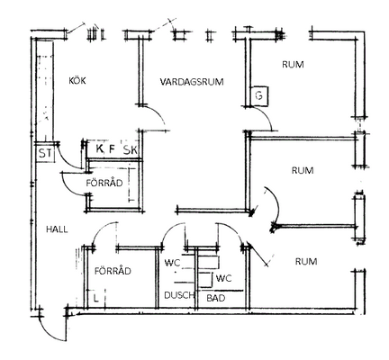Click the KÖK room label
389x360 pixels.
tap(77, 81)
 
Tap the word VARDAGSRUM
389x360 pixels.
tap(192, 82)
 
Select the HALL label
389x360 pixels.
tap(57, 229)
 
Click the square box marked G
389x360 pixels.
tap(259, 95)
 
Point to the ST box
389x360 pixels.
tap(45, 154)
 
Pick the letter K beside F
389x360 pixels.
tap(99, 148)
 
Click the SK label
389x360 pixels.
tap(131, 149)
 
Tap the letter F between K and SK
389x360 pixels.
tap(112, 148)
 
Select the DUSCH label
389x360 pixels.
tap(179, 295)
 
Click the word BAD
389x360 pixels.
tap(216, 298)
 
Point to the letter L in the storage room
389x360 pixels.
tap(95, 298)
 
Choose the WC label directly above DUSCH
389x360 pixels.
tap(172, 263)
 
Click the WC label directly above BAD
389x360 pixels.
tap(223, 278)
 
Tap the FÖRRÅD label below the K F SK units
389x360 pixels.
tap(104, 183)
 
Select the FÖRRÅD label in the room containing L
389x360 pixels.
tap(113, 271)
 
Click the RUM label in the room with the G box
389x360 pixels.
tap(293, 65)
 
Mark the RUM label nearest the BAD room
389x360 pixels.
tap(306, 262)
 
